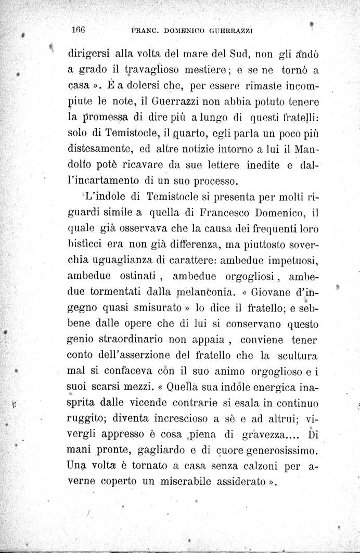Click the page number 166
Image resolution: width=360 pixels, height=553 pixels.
point(79,30)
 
